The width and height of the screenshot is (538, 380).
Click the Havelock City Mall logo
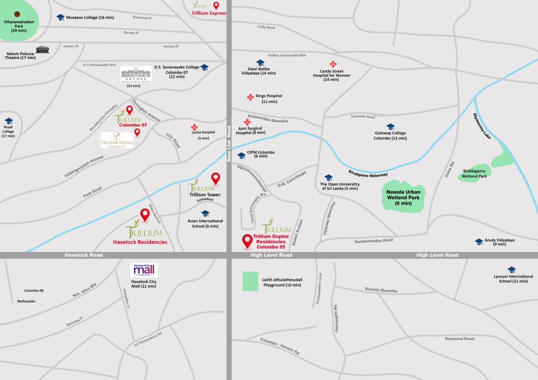click(x=144, y=270)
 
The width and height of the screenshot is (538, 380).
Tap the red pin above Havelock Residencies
click(x=145, y=214)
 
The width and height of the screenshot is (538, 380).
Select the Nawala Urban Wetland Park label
click(x=403, y=198)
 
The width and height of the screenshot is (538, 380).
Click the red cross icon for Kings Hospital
click(x=250, y=97)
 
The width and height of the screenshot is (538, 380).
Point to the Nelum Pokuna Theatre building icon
click(x=42, y=50)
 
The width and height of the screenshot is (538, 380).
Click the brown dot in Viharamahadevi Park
click(x=17, y=14)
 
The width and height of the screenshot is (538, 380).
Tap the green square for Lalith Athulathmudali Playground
click(x=250, y=281)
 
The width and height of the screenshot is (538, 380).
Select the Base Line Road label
click(x=229, y=144)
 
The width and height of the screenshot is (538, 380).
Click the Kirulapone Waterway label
click(x=368, y=174)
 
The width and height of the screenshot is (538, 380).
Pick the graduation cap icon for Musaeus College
click(x=61, y=17)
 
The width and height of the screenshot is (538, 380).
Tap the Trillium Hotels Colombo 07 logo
click(x=117, y=140)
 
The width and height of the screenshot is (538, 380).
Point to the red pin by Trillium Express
click(x=216, y=5)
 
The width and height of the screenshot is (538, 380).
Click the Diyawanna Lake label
click(x=482, y=126)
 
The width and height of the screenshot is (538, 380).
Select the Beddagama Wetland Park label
click(x=474, y=173)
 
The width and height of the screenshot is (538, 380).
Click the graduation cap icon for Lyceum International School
click(x=511, y=270)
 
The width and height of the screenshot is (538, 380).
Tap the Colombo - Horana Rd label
click(x=280, y=346)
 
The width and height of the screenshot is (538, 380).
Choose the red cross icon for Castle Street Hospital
click(x=333, y=64)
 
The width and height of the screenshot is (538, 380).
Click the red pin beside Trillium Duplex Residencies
click(x=247, y=241)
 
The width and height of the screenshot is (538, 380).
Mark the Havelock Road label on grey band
click(x=84, y=255)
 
